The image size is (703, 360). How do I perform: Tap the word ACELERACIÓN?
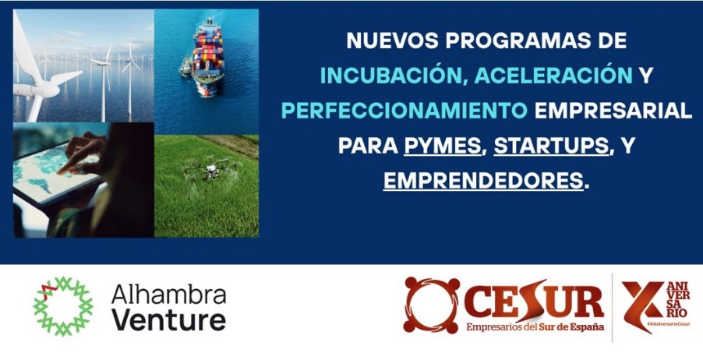(553, 76)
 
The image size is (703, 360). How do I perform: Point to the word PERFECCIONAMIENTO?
(404, 111)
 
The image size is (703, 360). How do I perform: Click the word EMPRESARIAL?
(613, 111)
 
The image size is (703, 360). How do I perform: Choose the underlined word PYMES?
(443, 146)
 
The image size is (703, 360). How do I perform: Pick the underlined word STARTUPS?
(552, 146)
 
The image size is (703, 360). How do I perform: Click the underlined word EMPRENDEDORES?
(483, 181)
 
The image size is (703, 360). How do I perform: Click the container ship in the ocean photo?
(207, 56)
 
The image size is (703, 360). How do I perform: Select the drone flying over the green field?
(210, 169)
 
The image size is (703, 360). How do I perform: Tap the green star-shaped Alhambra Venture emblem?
(63, 306)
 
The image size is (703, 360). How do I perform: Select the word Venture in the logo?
(168, 320)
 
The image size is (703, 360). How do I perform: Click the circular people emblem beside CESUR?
(432, 305)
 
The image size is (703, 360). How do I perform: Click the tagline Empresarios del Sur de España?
(535, 326)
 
